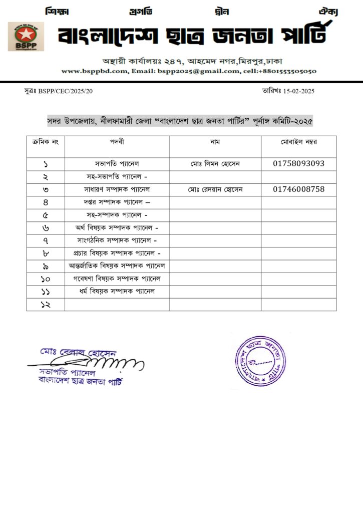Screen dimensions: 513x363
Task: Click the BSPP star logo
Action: pos(26,36)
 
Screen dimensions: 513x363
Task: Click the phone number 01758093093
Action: pos(298,163)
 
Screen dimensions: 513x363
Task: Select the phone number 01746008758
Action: pos(298,189)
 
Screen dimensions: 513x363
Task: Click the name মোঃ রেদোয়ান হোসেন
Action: pos(215,189)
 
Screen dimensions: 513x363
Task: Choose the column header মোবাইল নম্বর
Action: pos(298,142)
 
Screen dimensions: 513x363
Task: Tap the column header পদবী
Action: pos(117,142)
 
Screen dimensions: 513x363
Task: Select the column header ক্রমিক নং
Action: pos(46,142)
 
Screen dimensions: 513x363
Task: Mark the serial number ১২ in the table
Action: pos(46,305)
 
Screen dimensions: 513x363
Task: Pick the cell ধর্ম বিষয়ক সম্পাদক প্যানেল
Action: pos(117,291)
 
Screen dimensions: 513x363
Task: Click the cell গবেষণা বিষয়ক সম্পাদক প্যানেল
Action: pos(117,278)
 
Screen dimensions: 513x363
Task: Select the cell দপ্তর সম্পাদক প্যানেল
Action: pos(117,202)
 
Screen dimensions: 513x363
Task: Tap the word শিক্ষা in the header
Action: pos(57,11)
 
